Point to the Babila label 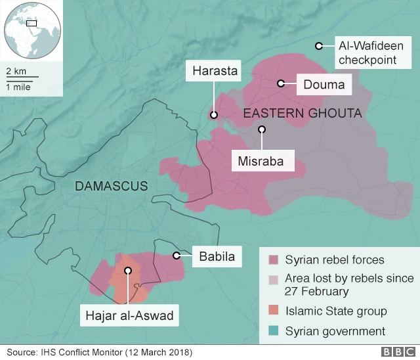point(217,256)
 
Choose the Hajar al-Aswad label point(129,316)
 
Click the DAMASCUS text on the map point(112,187)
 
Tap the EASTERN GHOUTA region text point(303,114)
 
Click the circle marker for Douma point(280,83)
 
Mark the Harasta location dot point(213,115)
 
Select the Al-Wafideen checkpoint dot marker point(318,46)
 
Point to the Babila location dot point(176,256)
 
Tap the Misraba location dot point(262,129)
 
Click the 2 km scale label point(17,70)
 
